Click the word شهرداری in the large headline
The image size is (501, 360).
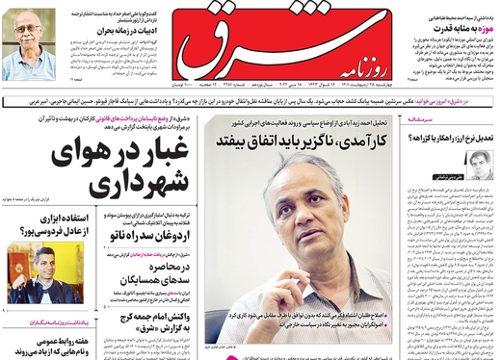point(96,184)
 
